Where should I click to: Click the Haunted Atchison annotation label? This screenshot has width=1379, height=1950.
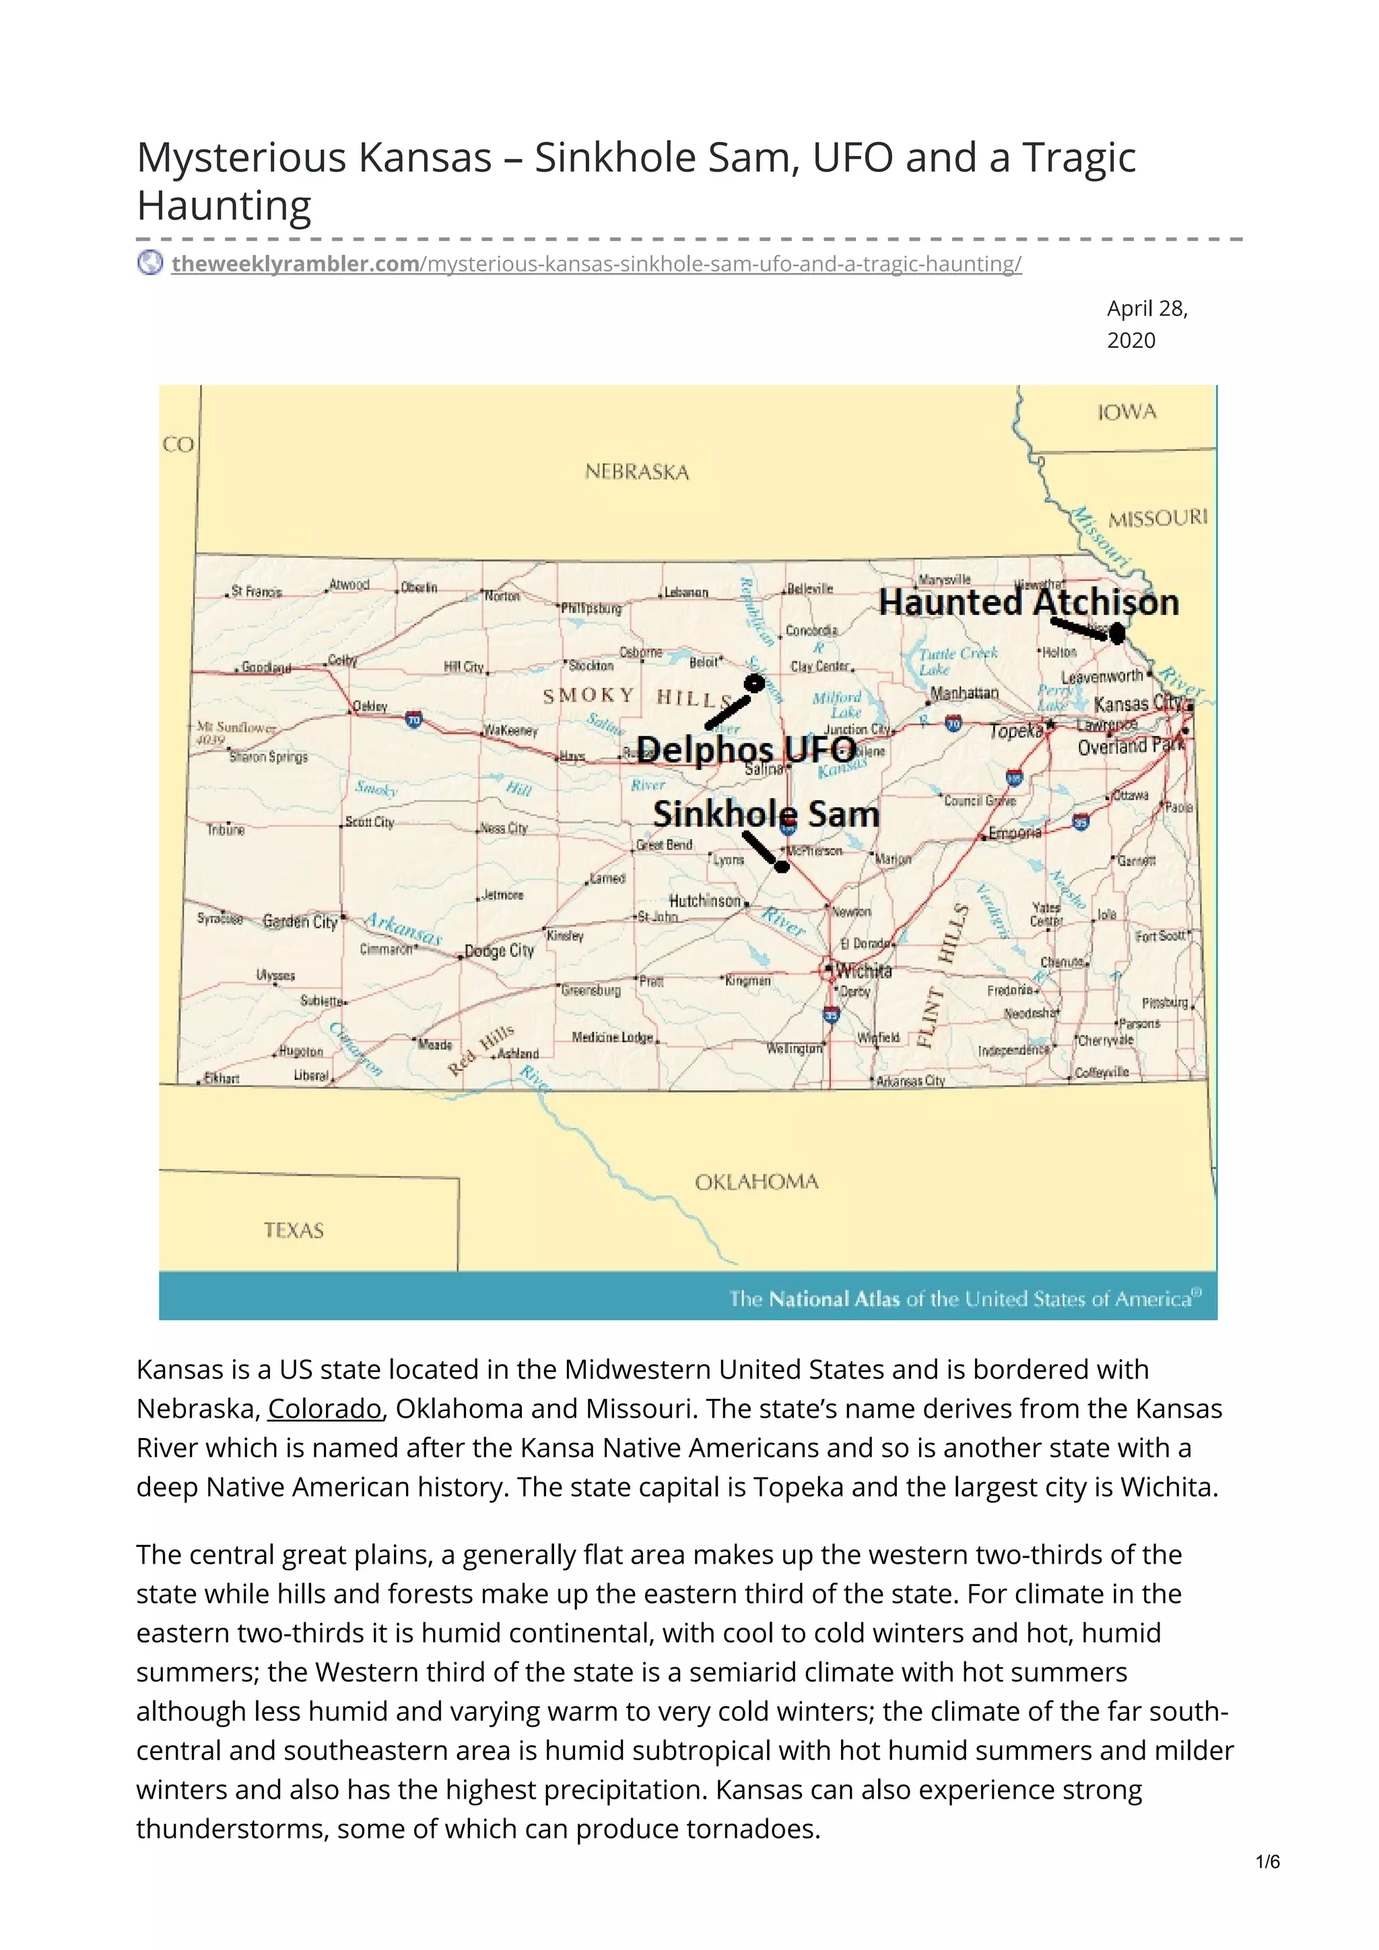pos(1028,603)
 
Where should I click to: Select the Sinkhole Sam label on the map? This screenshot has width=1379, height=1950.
pos(766,814)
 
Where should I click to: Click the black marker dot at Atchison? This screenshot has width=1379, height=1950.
pos(1117,633)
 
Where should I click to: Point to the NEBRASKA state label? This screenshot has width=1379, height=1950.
pos(636,472)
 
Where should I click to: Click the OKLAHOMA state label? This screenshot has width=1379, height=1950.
pos(756,1182)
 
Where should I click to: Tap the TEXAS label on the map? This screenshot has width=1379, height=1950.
pos(293,1231)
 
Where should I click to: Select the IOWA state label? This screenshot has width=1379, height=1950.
pos(1126,412)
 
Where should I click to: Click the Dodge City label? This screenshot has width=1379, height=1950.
pos(500,951)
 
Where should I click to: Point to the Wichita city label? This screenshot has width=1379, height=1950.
pos(864,971)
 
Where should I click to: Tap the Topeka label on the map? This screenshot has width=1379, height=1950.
pos(1016,731)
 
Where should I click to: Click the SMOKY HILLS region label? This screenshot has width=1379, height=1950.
pos(637,697)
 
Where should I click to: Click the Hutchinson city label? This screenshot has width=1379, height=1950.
pos(705,901)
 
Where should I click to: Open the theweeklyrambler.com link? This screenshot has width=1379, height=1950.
pos(295,264)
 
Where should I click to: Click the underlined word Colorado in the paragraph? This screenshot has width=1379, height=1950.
pos(325,1409)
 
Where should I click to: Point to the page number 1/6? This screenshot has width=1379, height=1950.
pos(1267,1885)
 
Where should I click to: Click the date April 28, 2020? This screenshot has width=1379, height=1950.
pos(1147,324)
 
